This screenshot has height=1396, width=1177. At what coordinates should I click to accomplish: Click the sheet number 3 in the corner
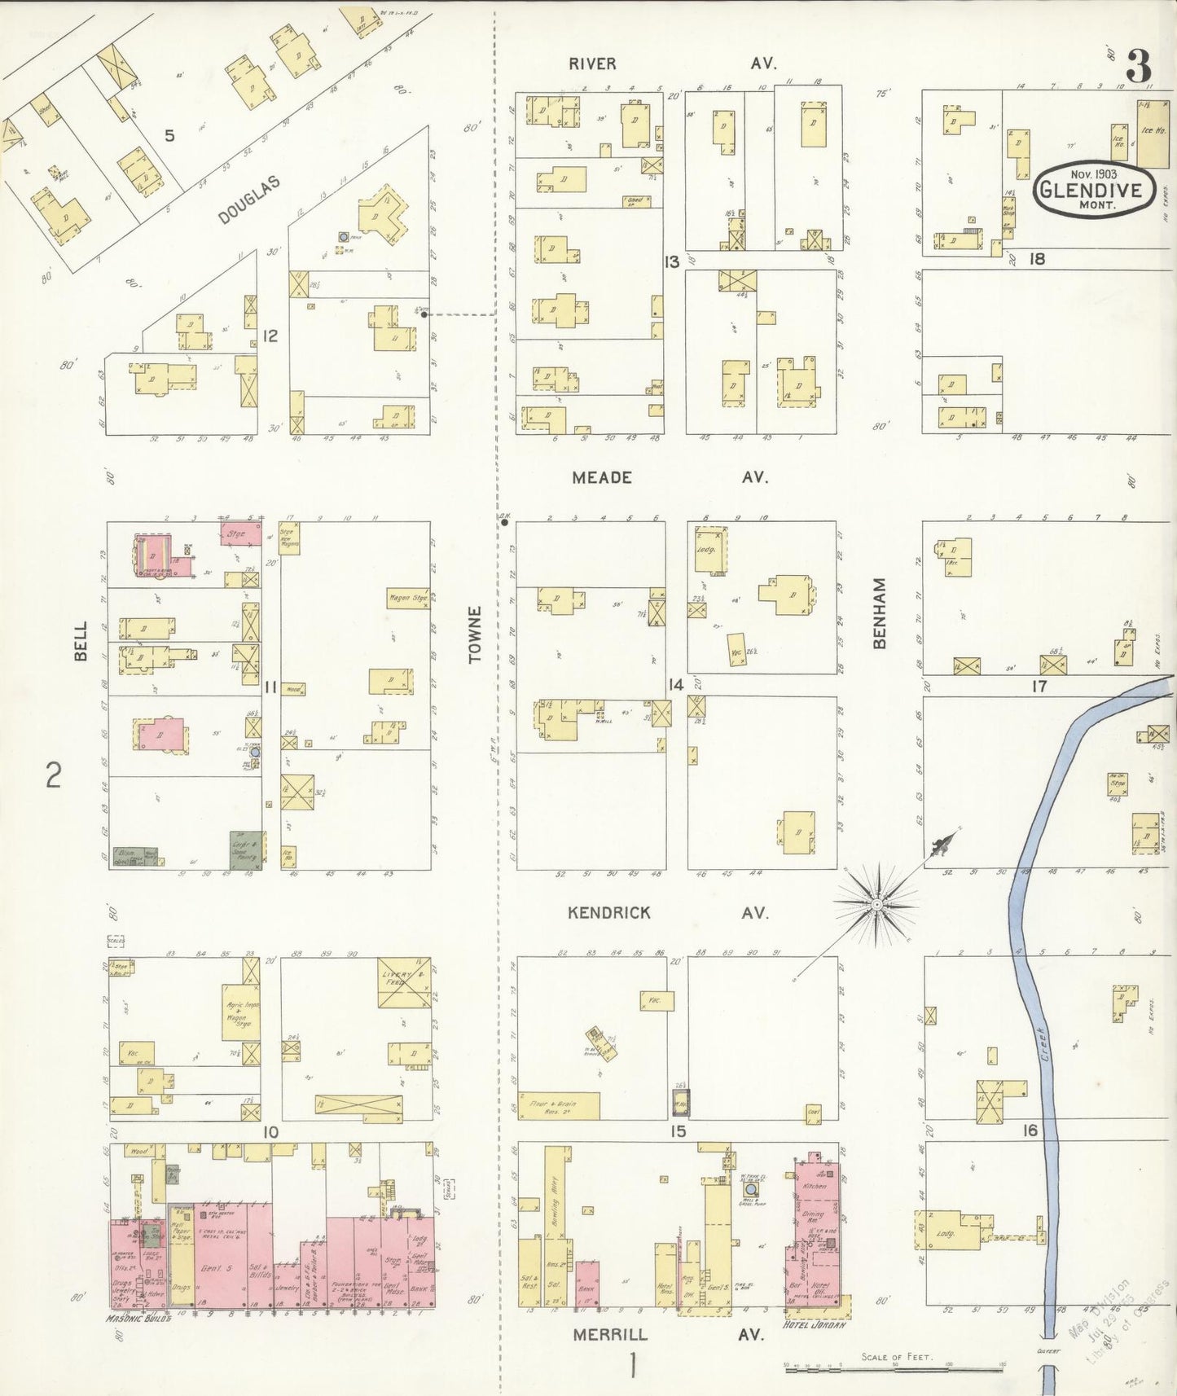pos(1139,64)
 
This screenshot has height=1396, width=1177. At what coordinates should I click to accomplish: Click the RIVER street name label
pos(592,64)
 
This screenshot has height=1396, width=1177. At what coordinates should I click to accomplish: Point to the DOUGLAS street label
pos(248,200)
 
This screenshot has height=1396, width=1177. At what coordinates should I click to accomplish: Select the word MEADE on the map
pos(601,477)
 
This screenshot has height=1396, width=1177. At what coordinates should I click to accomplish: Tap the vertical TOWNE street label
pos(476,634)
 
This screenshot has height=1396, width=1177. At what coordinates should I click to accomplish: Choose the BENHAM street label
pos(880,613)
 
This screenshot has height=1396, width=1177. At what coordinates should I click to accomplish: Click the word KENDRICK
pos(609,913)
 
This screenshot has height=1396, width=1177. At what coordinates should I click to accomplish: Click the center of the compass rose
pos(876,905)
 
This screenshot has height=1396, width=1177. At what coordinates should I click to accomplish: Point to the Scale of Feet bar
pos(896,1371)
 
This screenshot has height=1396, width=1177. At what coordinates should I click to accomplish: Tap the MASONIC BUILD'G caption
pos(138,1317)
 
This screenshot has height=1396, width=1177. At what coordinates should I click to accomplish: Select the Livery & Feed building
pos(405,983)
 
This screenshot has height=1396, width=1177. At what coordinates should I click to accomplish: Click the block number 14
pos(675,685)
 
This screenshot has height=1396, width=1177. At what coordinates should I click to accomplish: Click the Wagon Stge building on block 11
pos(408,599)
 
